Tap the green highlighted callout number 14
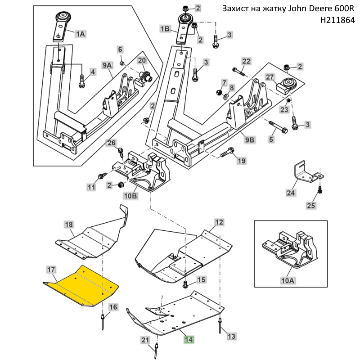point(188,339)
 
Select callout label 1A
point(80,33)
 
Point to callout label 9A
point(107,66)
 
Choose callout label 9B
point(250,139)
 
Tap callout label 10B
point(130,196)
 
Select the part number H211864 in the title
point(337,20)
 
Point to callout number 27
point(270,76)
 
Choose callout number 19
point(242,161)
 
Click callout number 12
point(219,222)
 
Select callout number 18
point(68,224)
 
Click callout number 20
point(142,61)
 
